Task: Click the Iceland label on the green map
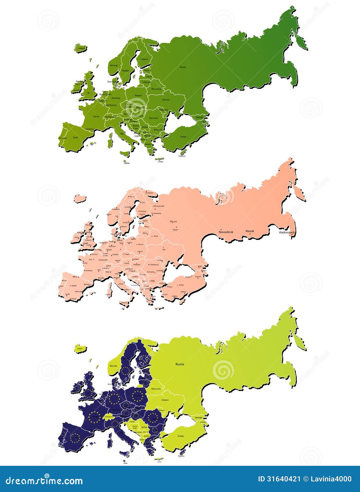click(x=81, y=48)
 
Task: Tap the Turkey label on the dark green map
click(x=183, y=137)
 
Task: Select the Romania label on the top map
click(x=153, y=118)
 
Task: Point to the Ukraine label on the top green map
click(x=166, y=100)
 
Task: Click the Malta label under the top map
click(x=127, y=163)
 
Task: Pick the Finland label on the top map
click(x=144, y=59)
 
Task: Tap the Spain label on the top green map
click(x=75, y=137)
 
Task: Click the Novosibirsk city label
click(x=226, y=232)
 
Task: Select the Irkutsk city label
click(x=250, y=231)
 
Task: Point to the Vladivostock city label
click(x=287, y=233)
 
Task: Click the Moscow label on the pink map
click(x=173, y=222)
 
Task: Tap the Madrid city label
click(x=74, y=286)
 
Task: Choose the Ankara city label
click(x=181, y=285)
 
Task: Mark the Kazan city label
click(x=175, y=230)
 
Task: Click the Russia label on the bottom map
click(x=180, y=364)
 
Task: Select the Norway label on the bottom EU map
click(x=113, y=366)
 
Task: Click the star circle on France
click(x=95, y=417)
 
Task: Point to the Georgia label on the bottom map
click(x=198, y=418)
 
